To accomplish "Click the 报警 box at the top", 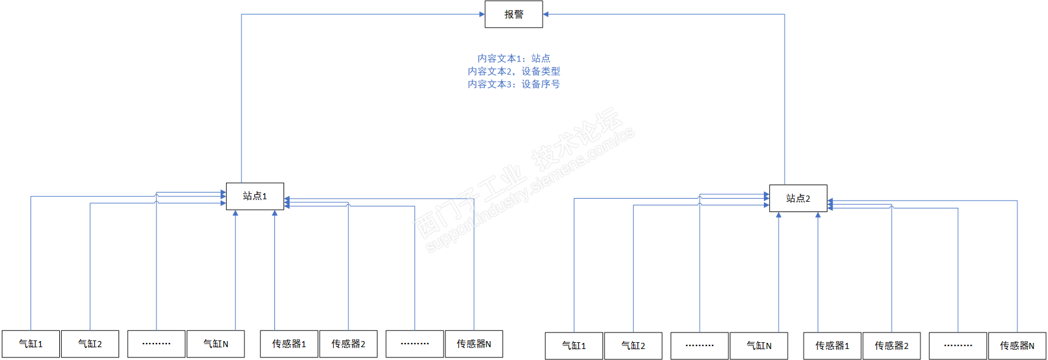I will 513,14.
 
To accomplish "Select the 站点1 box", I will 255,196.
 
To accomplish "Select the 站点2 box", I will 798,199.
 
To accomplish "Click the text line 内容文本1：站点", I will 513,58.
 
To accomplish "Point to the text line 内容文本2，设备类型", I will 513,71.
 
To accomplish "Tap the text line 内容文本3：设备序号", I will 513,84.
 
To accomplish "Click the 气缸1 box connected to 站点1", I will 31,344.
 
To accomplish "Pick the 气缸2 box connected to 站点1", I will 90,344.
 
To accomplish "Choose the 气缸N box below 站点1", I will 216,344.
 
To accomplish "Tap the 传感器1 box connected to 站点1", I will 289,344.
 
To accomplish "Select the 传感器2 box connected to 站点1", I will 348,344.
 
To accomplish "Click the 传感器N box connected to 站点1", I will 474,344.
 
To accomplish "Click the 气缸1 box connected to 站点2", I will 574,346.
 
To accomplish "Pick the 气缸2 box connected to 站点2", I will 633,346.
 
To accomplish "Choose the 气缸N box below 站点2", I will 759,346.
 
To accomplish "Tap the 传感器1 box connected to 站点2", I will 832,346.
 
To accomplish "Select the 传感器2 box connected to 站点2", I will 892,346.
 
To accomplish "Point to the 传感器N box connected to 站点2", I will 1017,346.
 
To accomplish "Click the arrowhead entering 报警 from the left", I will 482,14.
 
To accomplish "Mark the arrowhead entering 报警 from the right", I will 546,14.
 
